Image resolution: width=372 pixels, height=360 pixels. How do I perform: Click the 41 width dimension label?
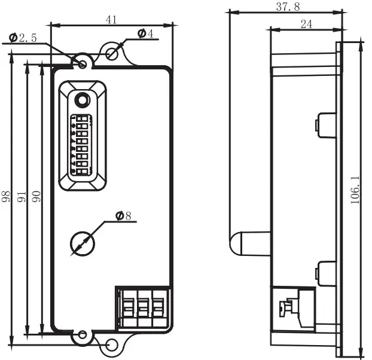tap(111, 19)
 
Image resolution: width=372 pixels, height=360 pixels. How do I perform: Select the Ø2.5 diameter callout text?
tap(23, 38)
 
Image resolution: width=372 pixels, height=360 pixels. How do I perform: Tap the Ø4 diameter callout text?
tap(145, 35)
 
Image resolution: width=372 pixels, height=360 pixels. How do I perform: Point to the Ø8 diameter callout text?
tap(123, 216)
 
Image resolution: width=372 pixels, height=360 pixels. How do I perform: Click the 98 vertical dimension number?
tap(7, 197)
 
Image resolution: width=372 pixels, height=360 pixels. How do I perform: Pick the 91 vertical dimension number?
tap(22, 197)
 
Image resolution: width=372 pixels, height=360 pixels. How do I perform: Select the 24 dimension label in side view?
tap(306, 24)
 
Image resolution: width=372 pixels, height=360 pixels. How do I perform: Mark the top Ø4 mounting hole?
tap(112, 53)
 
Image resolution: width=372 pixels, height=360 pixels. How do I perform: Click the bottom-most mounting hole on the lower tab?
tap(112, 345)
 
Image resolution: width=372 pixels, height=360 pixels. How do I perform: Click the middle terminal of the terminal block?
tap(142, 307)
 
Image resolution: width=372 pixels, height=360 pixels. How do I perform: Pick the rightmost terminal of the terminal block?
tap(158, 307)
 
